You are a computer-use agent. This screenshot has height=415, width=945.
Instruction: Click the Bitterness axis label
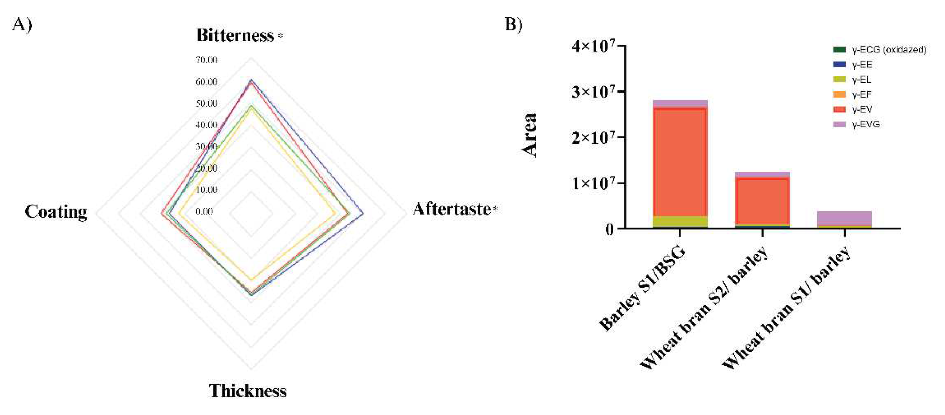coord(235,36)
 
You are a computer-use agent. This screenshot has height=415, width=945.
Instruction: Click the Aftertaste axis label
coord(452,209)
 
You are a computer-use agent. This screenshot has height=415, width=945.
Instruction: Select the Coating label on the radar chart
coord(56,212)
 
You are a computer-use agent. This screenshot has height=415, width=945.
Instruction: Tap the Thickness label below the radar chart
coord(248,391)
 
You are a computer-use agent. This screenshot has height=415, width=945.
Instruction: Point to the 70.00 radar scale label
coord(207,60)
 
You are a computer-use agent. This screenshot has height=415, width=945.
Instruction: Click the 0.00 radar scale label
coord(204,212)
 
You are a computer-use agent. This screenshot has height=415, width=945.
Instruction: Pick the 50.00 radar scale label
coord(207,103)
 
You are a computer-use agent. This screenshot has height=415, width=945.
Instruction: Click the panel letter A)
coord(22,25)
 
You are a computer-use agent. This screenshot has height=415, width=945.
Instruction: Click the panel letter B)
coord(514,24)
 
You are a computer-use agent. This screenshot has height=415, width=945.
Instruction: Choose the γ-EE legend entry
coord(862,65)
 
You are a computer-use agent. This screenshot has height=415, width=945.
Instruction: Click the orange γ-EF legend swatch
coord(839,95)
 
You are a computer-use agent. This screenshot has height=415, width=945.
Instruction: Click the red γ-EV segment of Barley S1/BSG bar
coord(680,161)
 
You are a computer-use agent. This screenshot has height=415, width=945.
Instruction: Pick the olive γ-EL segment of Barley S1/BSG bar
coord(680,222)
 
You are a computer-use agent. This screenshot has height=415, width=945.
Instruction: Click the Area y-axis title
coord(530,135)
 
